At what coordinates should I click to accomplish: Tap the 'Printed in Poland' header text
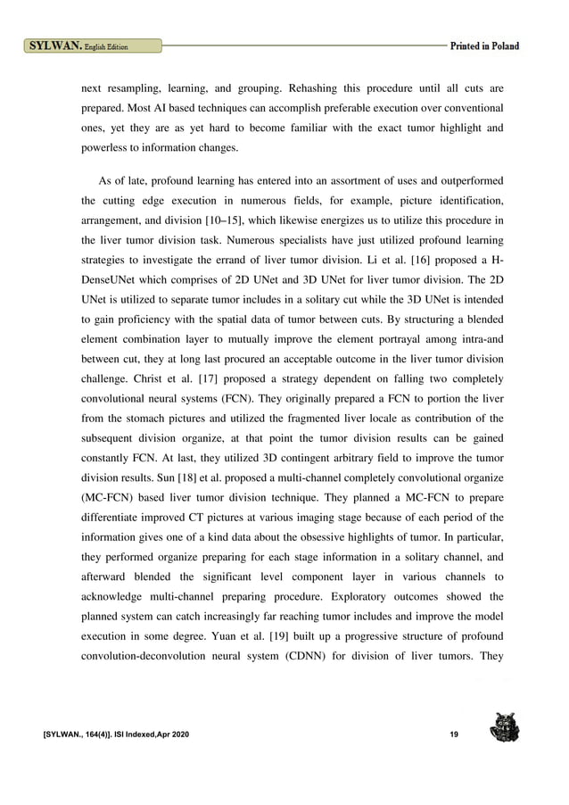coord(484,45)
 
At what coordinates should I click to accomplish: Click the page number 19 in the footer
coord(455,734)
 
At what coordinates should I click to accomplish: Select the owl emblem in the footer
coord(505,728)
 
